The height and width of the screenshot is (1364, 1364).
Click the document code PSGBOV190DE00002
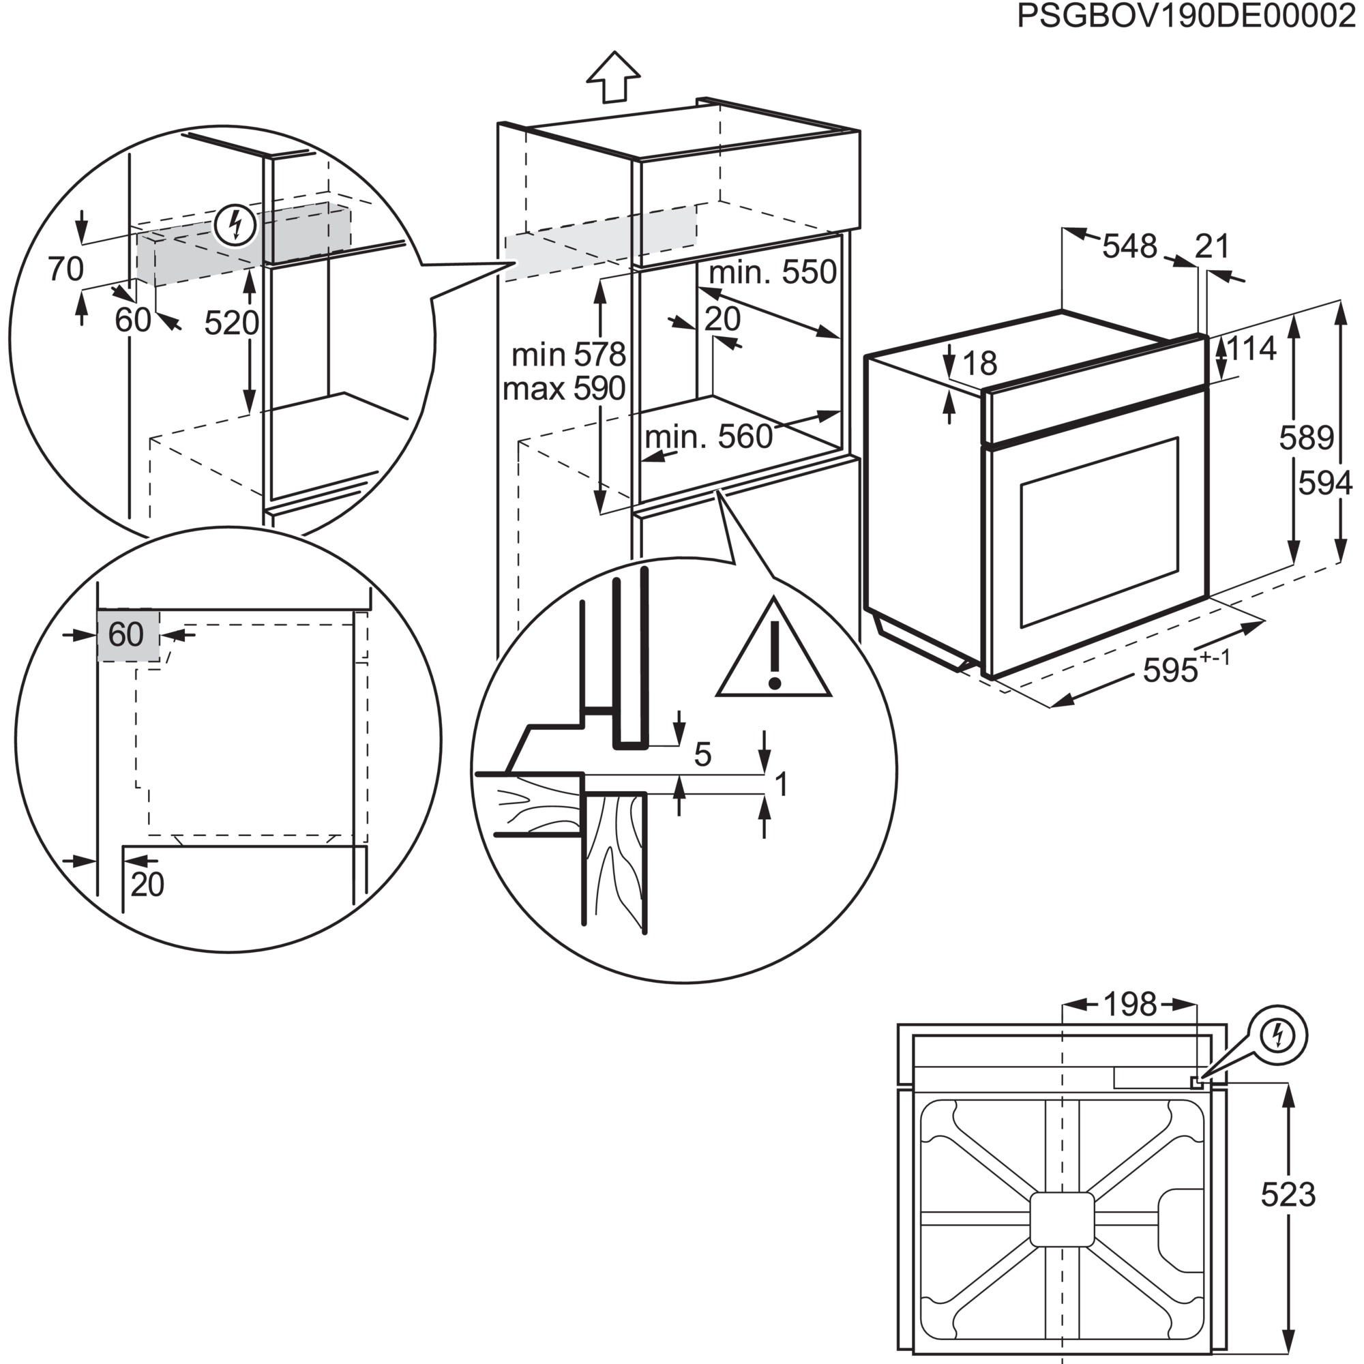point(1186,17)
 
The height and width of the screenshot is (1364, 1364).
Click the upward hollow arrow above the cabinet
point(614,77)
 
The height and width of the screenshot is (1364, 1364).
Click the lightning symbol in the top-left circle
point(235,225)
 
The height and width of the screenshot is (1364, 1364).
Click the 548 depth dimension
point(1129,246)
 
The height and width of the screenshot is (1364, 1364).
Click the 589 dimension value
point(1306,439)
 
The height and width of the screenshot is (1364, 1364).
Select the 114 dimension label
point(1251,349)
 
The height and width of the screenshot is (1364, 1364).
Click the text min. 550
point(773,273)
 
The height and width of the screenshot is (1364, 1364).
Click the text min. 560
point(709,438)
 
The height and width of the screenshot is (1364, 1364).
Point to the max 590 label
point(564,389)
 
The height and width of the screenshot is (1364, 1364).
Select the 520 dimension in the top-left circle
point(231,323)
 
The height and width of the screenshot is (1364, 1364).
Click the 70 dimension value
point(65,269)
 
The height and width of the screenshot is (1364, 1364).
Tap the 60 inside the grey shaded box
point(126,635)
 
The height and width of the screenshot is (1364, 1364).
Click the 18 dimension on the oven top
point(979,364)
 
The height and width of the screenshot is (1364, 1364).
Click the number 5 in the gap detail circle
point(702,755)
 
